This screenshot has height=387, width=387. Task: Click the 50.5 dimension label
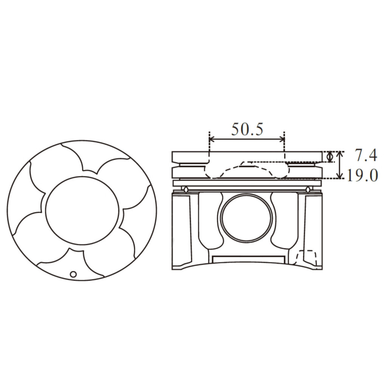point(247,130)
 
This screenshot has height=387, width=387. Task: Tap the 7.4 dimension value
point(366,155)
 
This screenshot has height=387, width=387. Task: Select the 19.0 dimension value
point(362,176)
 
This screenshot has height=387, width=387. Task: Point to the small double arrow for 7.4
point(330,157)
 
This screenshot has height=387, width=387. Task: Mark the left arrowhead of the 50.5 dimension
point(212,139)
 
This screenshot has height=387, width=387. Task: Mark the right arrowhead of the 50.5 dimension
point(282,139)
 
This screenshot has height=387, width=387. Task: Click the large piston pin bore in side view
point(246,218)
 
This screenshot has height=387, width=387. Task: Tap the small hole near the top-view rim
point(73,274)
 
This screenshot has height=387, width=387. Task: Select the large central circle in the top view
point(82,211)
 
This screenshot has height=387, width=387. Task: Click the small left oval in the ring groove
point(186,189)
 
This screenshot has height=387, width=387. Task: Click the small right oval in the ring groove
point(308,189)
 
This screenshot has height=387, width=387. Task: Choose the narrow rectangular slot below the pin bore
point(248,259)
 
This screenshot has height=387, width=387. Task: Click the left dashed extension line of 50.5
point(209,146)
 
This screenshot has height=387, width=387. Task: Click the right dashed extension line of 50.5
point(284,146)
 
